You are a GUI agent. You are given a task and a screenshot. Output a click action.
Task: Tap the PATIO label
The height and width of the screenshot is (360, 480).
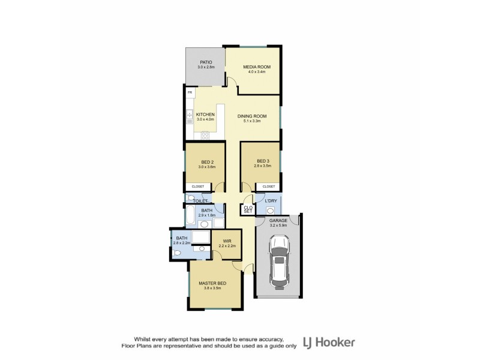click(207, 62)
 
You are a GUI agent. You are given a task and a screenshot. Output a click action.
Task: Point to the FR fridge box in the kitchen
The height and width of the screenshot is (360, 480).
click(190, 94)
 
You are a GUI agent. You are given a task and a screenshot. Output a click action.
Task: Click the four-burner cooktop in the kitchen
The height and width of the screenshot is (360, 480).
click(205, 134)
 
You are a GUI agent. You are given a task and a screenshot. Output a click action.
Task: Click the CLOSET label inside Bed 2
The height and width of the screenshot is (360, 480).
click(197, 187)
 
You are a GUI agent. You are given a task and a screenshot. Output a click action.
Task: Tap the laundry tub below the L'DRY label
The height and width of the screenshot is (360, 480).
click(269, 210)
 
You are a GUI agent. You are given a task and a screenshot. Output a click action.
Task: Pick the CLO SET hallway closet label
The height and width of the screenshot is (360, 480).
click(248, 209)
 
